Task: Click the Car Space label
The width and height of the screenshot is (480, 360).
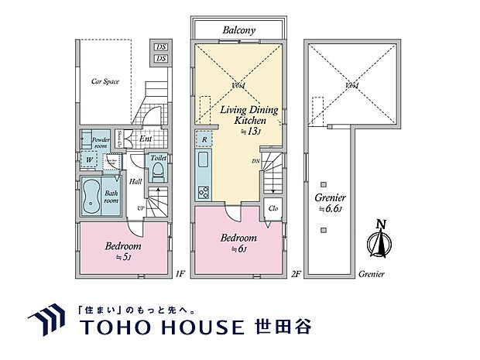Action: (105, 81)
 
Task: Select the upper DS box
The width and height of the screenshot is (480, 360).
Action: (161, 46)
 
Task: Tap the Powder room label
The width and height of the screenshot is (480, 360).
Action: (101, 142)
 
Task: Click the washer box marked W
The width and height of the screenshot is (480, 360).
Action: (91, 161)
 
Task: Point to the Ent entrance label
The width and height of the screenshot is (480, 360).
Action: (146, 139)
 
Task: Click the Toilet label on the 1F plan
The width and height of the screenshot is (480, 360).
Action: (158, 158)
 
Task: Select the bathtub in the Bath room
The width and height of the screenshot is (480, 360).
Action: (91, 194)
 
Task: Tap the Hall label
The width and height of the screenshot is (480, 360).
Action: (135, 182)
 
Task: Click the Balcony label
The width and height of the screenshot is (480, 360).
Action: (239, 29)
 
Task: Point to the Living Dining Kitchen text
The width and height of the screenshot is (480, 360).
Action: (242, 116)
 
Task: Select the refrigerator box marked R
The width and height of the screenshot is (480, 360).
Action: (204, 140)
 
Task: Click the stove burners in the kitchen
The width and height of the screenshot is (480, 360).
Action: (204, 192)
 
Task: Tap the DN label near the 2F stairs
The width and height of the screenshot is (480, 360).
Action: (255, 161)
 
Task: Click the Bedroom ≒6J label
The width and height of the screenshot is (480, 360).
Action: (239, 243)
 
